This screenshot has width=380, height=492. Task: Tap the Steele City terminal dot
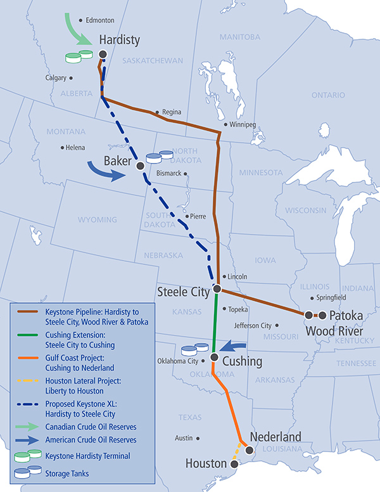(217, 289)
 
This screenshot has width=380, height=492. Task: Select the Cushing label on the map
(244, 361)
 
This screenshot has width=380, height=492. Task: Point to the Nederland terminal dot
(250, 450)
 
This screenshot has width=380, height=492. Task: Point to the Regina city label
(172, 112)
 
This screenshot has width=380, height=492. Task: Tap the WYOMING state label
(97, 220)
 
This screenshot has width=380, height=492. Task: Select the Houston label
(206, 464)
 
